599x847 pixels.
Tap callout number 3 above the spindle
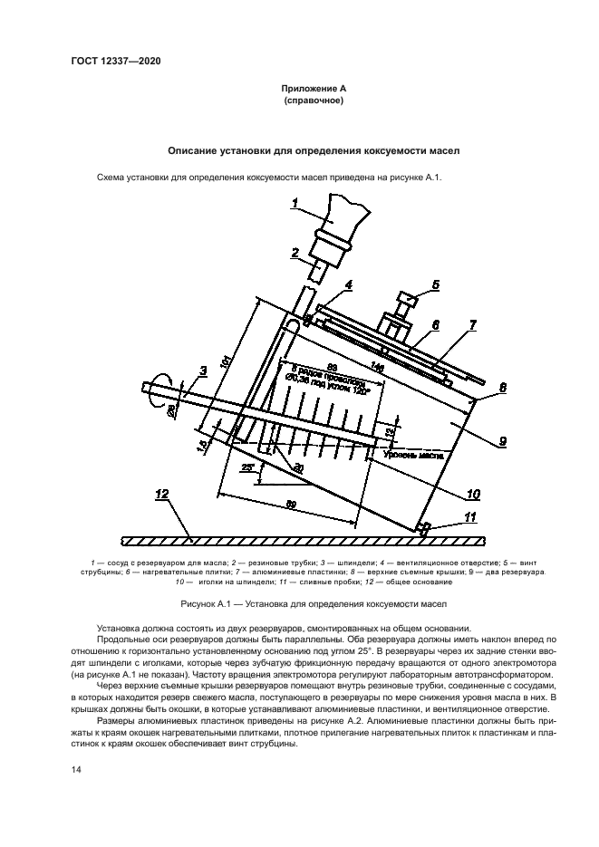202,370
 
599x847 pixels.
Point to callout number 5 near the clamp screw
435,284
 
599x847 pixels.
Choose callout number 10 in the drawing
473,494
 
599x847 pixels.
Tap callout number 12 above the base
161,495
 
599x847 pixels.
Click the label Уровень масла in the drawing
423,457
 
